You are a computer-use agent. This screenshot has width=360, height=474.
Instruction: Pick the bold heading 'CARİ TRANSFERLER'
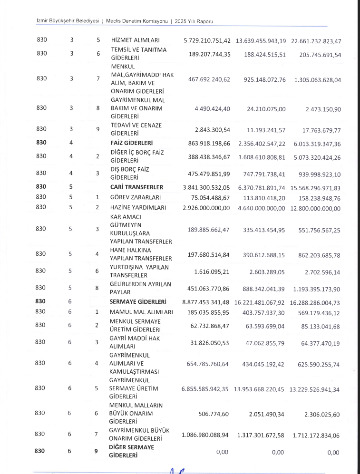tap(136, 187)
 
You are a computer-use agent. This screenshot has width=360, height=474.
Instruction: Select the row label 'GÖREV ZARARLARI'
tap(135, 197)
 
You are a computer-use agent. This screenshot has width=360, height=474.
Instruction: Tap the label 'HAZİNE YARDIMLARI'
tap(138, 208)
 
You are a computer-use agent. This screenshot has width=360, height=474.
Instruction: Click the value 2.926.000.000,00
tap(206, 208)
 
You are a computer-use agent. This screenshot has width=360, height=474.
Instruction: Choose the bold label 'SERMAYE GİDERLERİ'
tap(138, 301)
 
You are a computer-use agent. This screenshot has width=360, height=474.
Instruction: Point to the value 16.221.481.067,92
tap(260, 301)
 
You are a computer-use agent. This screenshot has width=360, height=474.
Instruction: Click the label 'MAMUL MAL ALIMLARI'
tap(141, 312)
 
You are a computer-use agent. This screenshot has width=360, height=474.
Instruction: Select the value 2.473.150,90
tap(323, 109)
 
